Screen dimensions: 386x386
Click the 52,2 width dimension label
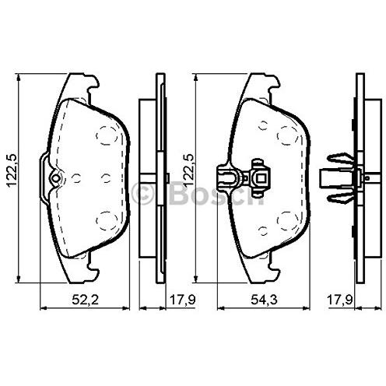[x=85, y=300]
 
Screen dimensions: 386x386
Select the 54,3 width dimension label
[x=264, y=300]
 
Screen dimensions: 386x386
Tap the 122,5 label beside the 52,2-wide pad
[x=12, y=170]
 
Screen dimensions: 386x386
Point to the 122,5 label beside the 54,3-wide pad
[x=188, y=170]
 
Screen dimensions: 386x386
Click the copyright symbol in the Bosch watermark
[x=143, y=193]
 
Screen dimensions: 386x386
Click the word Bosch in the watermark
[x=216, y=193]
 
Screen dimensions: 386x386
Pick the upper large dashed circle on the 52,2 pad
[x=107, y=135]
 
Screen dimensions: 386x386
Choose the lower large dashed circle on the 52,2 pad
[x=107, y=221]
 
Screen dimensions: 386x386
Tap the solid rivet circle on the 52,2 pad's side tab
[x=55, y=178]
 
